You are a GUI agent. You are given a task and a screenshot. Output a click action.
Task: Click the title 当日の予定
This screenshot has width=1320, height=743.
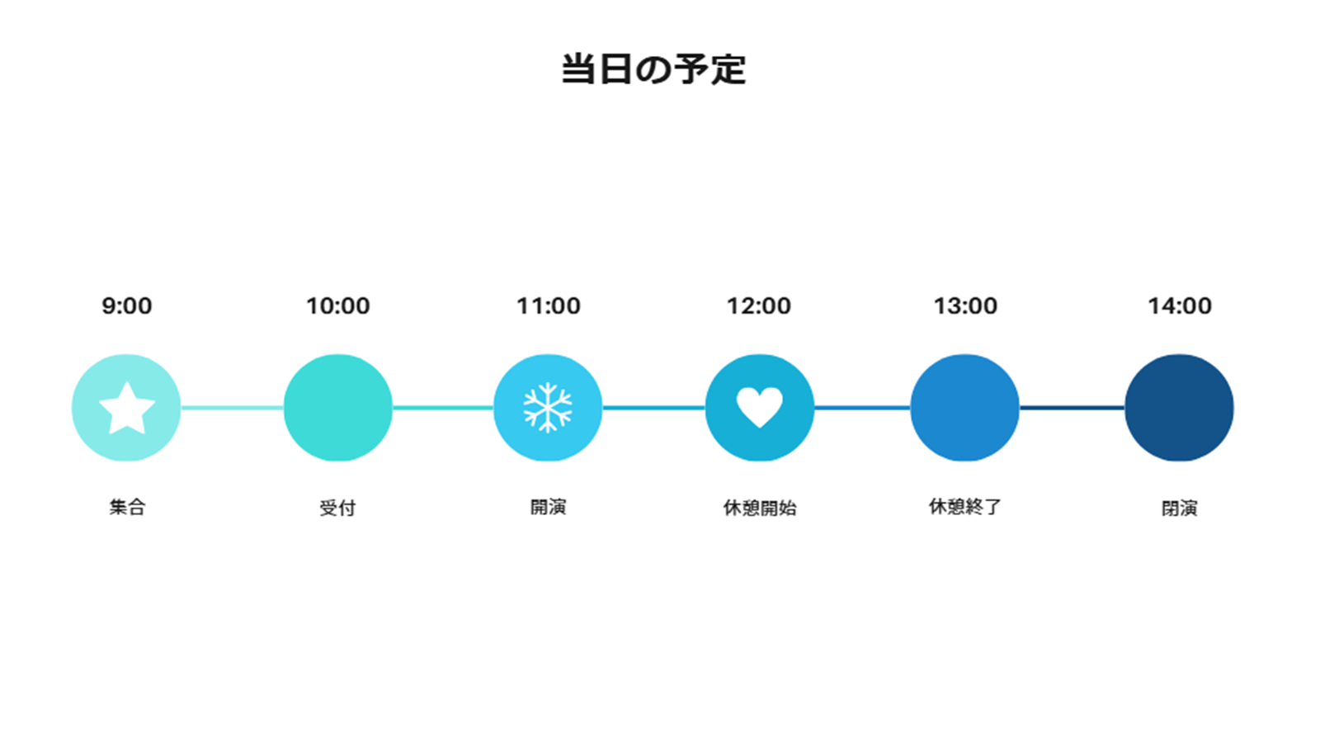coord(653,69)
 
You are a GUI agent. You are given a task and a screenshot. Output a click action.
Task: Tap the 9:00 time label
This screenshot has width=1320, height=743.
coord(127,306)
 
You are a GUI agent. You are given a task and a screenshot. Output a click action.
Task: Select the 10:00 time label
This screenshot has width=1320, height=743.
coord(337,306)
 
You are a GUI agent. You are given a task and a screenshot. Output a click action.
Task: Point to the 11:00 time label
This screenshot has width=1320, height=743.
coord(548,306)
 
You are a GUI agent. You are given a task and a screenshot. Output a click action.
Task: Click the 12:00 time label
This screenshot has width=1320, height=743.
coord(758,306)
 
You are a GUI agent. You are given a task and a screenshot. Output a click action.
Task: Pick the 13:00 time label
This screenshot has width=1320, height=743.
coord(965,306)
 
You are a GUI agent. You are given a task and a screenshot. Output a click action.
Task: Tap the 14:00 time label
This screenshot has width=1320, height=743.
coord(1179,306)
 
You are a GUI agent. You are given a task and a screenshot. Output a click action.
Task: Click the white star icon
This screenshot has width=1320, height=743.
coord(127,409)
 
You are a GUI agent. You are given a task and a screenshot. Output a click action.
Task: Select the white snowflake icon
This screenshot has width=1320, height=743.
coord(548,408)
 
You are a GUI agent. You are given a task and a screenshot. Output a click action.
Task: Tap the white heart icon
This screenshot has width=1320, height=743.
coord(760,407)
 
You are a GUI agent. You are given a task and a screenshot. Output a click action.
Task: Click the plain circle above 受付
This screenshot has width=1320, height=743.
coord(337,408)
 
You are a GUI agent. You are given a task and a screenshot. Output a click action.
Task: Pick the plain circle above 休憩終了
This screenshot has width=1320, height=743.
coord(964,408)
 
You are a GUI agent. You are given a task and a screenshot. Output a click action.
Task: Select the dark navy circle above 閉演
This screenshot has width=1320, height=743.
coord(1179,408)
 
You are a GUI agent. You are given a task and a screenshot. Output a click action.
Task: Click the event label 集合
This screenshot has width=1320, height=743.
coord(127,507)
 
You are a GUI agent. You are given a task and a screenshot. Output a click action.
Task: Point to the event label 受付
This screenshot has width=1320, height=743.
coord(337,508)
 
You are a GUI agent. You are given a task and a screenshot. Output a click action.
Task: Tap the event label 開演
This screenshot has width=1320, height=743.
coord(548,507)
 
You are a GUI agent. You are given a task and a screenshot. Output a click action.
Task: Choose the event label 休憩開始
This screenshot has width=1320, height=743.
coord(760,508)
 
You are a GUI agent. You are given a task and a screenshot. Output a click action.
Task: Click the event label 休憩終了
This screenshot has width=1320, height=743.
coord(965,507)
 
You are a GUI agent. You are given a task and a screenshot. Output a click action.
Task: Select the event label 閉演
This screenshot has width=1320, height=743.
coord(1179,509)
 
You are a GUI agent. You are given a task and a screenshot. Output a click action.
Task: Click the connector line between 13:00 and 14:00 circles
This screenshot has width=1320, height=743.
coord(1072,408)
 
